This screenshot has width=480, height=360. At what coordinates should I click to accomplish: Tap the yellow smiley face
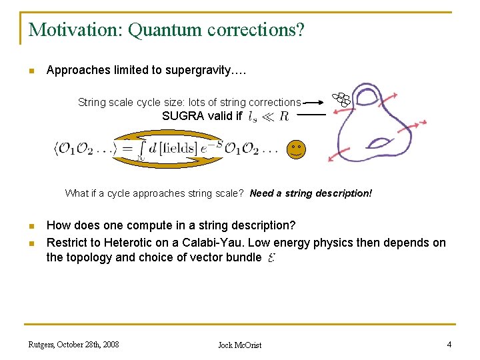[296, 149]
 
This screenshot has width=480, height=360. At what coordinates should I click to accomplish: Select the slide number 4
[449, 344]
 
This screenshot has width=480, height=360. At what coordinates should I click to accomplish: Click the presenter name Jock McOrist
[240, 345]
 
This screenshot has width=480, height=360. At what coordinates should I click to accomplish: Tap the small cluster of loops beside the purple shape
[342, 99]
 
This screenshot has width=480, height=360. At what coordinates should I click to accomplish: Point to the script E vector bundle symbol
[271, 258]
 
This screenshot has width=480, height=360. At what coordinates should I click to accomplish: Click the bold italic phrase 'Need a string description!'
[311, 193]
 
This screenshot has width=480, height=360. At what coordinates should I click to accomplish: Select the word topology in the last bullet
[91, 257]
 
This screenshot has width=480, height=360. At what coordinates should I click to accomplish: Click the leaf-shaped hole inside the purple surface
[382, 142]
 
